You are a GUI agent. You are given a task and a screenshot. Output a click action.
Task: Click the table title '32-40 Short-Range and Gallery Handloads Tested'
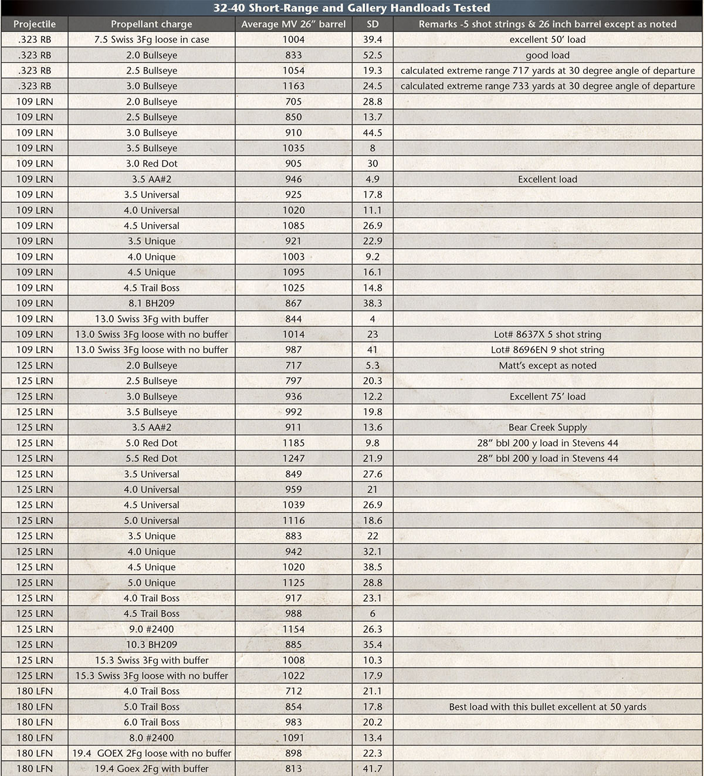(x=351, y=8)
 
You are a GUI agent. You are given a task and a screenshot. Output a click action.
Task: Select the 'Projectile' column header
(x=35, y=24)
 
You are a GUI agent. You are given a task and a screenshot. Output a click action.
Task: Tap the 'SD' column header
(x=373, y=24)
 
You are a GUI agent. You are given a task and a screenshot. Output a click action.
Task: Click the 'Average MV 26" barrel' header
(x=293, y=24)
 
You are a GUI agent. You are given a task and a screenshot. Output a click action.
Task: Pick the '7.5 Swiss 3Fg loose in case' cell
(x=151, y=39)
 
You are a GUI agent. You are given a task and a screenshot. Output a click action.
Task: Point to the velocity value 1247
(x=293, y=458)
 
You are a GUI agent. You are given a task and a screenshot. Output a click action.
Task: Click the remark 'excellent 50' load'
(x=547, y=39)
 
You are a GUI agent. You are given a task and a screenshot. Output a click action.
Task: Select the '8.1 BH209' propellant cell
(x=151, y=303)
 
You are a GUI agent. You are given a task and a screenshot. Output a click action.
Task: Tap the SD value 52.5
(x=373, y=55)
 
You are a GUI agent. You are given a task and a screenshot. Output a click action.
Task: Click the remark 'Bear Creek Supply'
(x=547, y=428)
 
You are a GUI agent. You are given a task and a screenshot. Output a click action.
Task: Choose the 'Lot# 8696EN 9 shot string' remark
(x=547, y=350)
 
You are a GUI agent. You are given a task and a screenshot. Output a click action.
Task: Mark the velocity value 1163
(x=293, y=86)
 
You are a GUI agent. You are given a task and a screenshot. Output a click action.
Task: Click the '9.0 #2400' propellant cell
(x=151, y=629)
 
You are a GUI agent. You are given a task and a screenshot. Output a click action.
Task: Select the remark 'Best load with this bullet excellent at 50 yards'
(x=547, y=707)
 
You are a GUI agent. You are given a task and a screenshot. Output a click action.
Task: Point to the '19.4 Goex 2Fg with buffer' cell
(x=151, y=768)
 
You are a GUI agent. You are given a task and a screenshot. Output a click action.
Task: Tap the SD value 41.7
(x=373, y=768)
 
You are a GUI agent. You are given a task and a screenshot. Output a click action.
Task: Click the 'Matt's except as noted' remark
(x=547, y=365)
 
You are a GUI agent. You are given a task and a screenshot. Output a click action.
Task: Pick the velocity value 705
(x=293, y=101)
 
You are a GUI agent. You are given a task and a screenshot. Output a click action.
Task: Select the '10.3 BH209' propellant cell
(x=151, y=645)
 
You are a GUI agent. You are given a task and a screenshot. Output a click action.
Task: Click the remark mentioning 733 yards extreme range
(x=547, y=86)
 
